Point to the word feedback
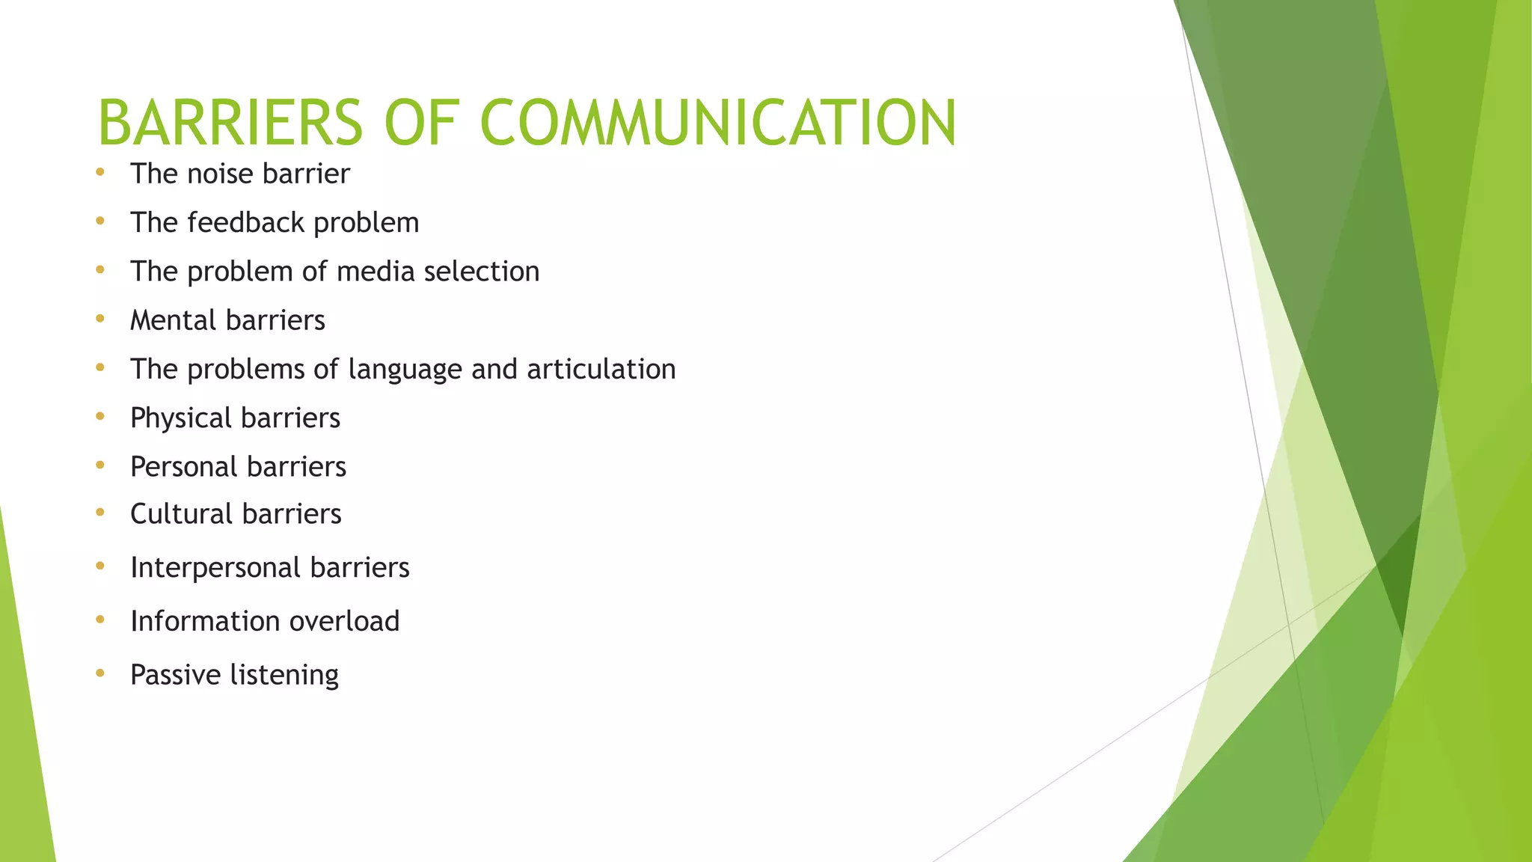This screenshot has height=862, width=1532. [245, 222]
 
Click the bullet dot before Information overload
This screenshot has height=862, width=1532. [100, 620]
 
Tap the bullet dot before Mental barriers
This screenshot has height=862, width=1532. [100, 319]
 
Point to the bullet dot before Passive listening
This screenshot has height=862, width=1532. [100, 673]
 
